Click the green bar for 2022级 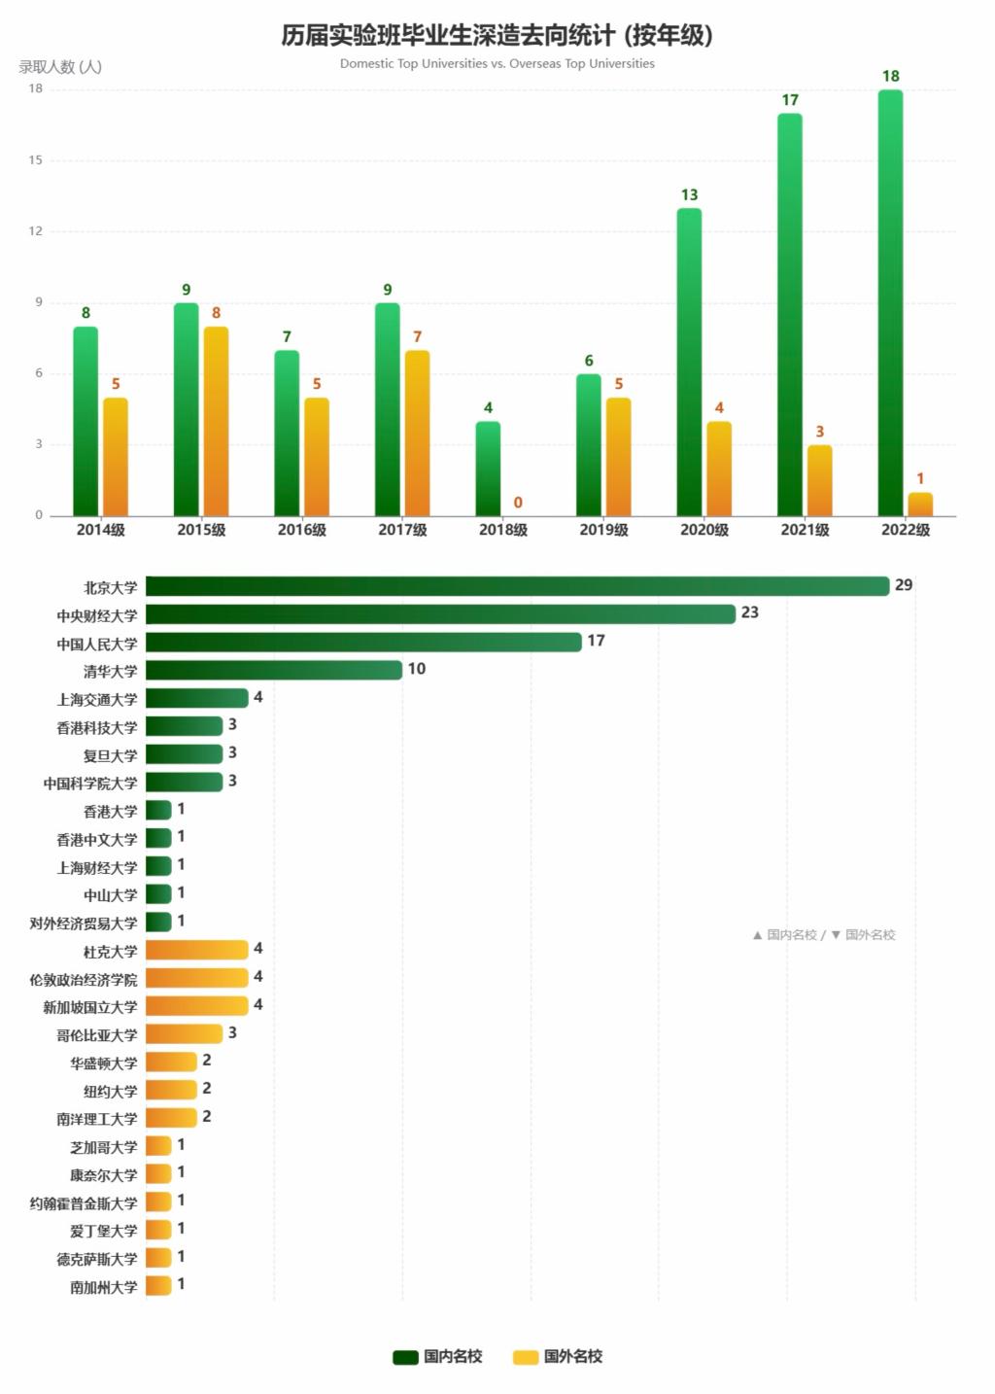[x=890, y=302]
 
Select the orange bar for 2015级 [x=216, y=421]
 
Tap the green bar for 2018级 [x=488, y=469]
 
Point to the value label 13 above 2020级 [x=689, y=195]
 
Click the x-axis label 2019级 [x=603, y=530]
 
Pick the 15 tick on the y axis [x=36, y=160]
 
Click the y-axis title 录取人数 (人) [x=60, y=67]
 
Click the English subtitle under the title [x=497, y=64]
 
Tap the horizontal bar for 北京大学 [x=517, y=586]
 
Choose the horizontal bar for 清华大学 [x=273, y=670]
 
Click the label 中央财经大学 [x=97, y=615]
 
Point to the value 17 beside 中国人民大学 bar [x=596, y=641]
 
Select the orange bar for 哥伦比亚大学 [x=184, y=1033]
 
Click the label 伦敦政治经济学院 [x=84, y=979]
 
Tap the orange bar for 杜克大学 [x=196, y=950]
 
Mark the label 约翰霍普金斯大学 [x=84, y=1202]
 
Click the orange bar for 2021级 [x=819, y=480]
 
